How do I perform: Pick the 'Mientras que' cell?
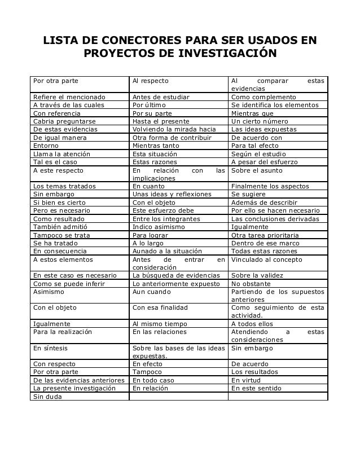point(252,113)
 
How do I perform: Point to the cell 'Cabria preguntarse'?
point(64,121)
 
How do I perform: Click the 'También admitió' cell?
point(59,227)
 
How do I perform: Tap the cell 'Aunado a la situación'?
point(168,251)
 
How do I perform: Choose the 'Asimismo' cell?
point(49,292)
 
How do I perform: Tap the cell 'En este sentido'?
point(260,388)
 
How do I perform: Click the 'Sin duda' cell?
point(49,397)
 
